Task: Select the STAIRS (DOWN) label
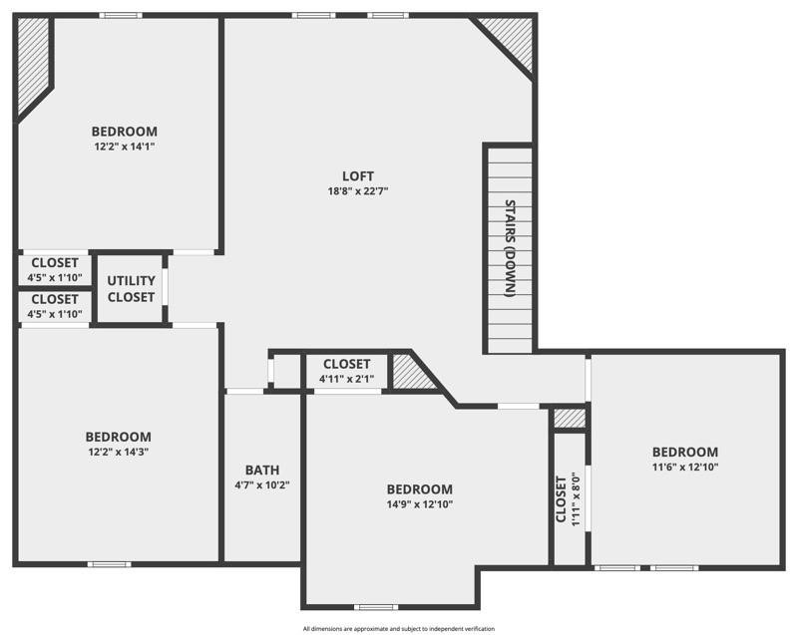(x=510, y=249)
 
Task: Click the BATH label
(x=262, y=471)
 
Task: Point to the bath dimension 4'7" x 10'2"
(x=262, y=485)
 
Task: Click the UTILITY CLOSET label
(x=131, y=289)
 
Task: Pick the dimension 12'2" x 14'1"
(x=124, y=146)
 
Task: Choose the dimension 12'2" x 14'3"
(x=118, y=452)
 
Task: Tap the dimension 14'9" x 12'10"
(x=419, y=504)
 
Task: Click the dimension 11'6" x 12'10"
(x=684, y=467)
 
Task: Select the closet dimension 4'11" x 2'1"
(x=346, y=379)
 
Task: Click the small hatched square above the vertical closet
(x=569, y=419)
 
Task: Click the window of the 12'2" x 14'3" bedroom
(x=109, y=564)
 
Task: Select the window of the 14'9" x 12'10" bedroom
(x=376, y=607)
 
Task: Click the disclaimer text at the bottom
(x=399, y=628)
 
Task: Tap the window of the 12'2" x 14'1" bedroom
(x=120, y=15)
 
